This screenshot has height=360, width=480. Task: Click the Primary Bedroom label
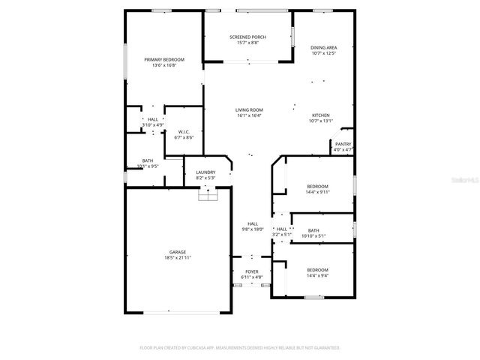point(164,59)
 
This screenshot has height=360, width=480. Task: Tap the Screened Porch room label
point(247,37)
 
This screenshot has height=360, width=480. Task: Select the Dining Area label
point(323,47)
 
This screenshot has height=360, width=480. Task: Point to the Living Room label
point(249,110)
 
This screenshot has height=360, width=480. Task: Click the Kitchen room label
point(320,115)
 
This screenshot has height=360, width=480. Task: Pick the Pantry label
point(343,144)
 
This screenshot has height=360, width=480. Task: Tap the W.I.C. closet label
point(184,132)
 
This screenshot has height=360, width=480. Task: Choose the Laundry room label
point(205,172)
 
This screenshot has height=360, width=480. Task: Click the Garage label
point(178,252)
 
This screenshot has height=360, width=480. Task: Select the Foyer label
point(252,272)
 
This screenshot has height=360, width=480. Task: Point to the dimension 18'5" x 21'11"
point(178,258)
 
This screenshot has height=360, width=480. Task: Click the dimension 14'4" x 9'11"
point(318,192)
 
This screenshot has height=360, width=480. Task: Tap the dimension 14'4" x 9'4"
point(317,275)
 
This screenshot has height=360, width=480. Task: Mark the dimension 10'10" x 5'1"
point(313,236)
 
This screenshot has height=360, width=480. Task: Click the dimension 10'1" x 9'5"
point(148,166)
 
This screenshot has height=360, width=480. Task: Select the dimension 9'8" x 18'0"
point(253,229)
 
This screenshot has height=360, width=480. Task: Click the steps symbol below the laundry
point(208,195)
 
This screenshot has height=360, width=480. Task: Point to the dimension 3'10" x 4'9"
point(152,124)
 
